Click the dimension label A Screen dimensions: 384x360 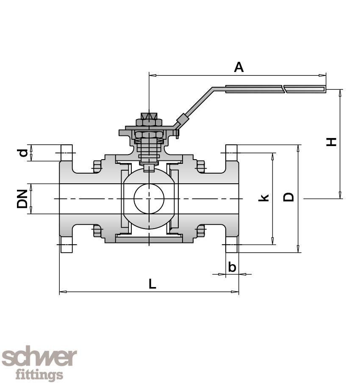point(239,67)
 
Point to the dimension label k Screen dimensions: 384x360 point(264,197)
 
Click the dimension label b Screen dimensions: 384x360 point(232,267)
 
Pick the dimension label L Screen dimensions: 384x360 point(152,284)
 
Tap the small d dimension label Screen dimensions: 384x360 point(24,152)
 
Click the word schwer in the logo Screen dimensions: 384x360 point(39,358)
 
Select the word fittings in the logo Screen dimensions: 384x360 point(39,375)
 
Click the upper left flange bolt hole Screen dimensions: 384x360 point(66,153)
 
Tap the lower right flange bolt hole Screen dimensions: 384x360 point(231,244)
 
